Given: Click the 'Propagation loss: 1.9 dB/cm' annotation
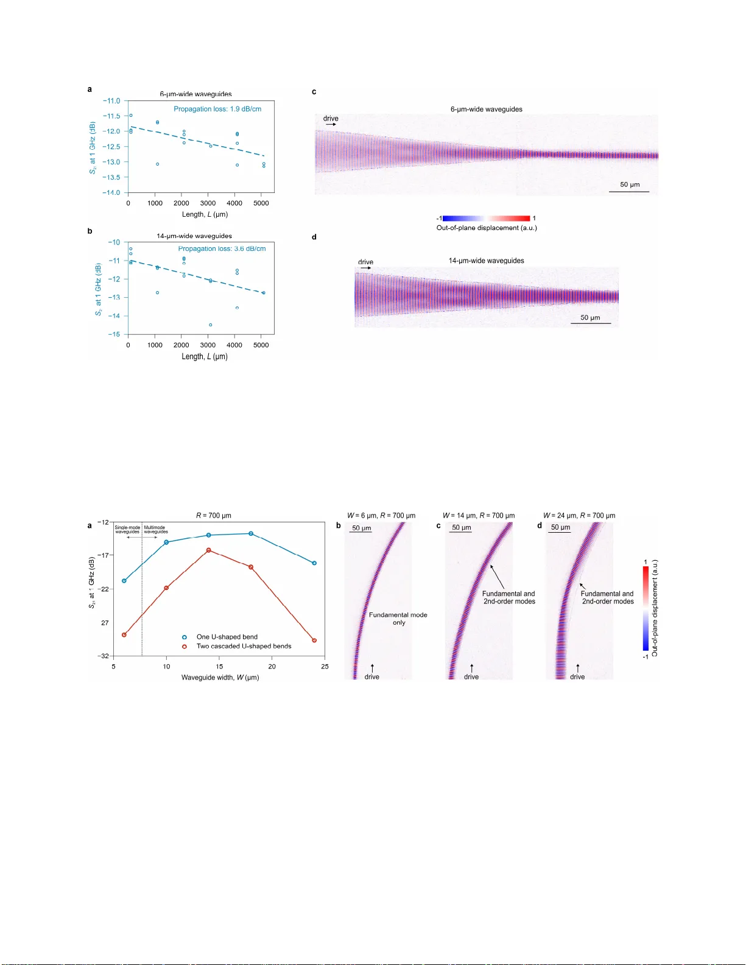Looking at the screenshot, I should pos(217,109).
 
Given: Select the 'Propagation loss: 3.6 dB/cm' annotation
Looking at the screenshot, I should pos(222,248).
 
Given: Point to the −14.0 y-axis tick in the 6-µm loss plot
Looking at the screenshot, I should pos(112,192).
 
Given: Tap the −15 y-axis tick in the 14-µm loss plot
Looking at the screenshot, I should pos(114,334).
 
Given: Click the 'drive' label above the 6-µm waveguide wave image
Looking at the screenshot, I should pos(331,119).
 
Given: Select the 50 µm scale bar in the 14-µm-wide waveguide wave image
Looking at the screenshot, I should pos(590,323).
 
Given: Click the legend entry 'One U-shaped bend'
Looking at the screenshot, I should pos(227,637).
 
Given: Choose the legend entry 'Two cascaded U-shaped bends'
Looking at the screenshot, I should pos(244,646).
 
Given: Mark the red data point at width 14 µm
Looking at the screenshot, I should pos(209,550).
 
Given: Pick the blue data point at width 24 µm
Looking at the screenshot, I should pos(314,563).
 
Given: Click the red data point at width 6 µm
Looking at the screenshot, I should pos(124,635).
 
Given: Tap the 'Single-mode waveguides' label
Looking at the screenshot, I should pos(127,530).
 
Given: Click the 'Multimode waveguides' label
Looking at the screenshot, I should pos(155,530).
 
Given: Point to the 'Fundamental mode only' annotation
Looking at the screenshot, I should pos(398,619).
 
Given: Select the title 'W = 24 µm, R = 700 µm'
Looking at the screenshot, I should pos(579,516).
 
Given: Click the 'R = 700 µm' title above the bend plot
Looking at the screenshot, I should pos(214,516).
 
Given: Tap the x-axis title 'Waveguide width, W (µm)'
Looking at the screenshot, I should pos(220,677).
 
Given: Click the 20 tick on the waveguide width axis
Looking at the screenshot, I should pos(272,666).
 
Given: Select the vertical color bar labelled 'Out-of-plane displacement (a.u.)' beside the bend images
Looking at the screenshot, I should pos(646,609).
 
